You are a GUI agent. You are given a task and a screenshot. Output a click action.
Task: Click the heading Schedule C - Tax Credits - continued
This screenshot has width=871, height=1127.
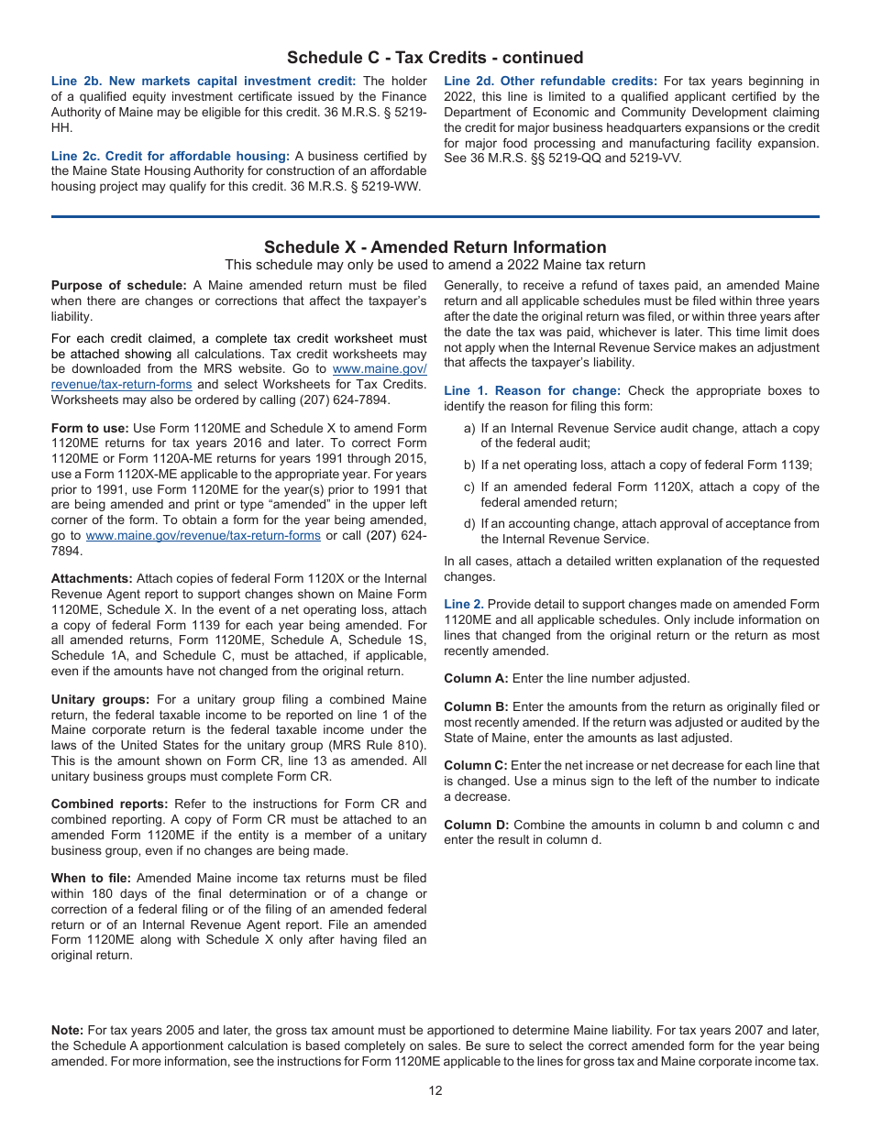coord(435,58)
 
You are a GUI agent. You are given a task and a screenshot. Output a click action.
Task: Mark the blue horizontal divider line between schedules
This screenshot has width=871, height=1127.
coord(435,217)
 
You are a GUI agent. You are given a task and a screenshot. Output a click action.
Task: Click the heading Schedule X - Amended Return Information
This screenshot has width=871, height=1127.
coord(435,247)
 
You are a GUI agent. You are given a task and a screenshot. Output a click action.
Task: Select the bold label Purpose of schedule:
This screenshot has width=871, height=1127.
coord(118,286)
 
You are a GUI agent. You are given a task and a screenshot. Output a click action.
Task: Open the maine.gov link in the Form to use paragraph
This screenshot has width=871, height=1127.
coord(203,536)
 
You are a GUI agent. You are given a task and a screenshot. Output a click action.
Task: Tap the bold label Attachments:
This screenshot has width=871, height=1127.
coord(92,579)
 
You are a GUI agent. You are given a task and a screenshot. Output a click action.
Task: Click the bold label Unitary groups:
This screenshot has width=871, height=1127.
coord(101,700)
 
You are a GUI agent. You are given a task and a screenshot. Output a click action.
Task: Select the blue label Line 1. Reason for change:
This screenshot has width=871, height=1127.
coord(532,391)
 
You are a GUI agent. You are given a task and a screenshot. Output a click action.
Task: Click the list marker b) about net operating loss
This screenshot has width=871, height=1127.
coord(469,465)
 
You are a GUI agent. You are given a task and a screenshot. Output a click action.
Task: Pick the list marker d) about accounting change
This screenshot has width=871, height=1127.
coord(469,524)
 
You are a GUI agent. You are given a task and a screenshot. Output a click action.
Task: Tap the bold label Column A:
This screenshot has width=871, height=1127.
coord(476,679)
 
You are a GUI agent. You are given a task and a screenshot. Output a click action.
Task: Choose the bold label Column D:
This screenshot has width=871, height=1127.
coord(476,826)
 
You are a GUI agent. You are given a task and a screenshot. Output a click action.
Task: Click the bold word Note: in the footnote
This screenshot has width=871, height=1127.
coord(67,1031)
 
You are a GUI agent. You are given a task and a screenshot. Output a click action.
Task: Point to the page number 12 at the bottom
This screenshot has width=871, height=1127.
coord(435,1090)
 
